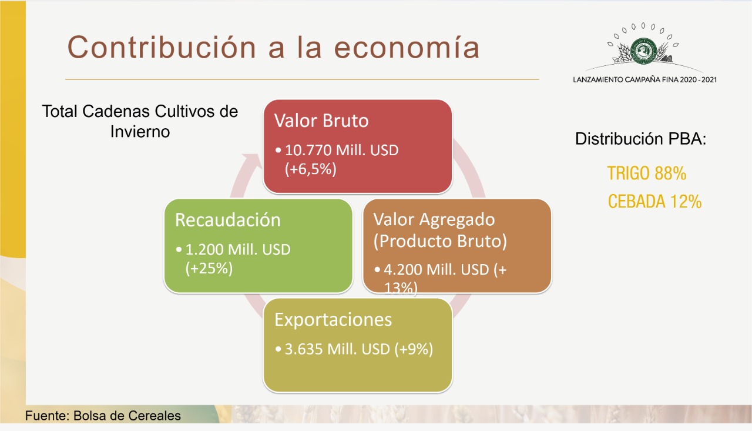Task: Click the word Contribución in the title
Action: point(162,48)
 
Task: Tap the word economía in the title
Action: point(407,48)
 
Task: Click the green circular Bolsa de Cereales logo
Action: point(643,51)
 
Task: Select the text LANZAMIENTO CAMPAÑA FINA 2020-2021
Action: point(644,80)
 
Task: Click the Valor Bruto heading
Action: point(321,121)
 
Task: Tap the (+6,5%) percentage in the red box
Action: point(311,169)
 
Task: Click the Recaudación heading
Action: point(227,220)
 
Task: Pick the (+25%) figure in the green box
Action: point(209,268)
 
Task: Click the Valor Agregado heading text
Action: point(434,220)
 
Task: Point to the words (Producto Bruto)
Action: point(440,241)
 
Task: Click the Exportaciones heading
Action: point(333,319)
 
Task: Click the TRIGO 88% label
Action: point(647,173)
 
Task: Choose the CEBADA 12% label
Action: point(654,202)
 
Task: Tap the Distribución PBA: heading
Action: point(641,139)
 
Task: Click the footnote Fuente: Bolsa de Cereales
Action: point(103,416)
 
